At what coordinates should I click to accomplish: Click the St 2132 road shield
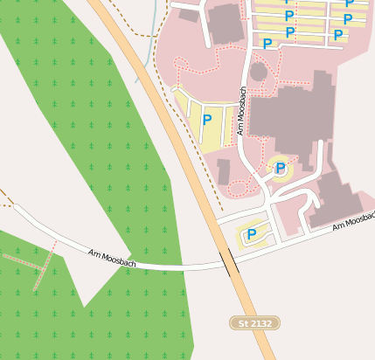coord(255,323)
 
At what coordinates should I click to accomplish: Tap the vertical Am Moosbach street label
coord(241,109)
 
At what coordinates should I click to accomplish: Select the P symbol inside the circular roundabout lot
coord(280,167)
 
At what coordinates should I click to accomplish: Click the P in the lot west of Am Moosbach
coord(207,121)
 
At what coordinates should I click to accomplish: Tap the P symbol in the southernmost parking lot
coord(252,233)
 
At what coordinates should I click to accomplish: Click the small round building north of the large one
coord(258,71)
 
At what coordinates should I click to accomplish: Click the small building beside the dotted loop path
coord(224,170)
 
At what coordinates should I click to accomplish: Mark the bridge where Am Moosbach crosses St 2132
coord(229,261)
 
